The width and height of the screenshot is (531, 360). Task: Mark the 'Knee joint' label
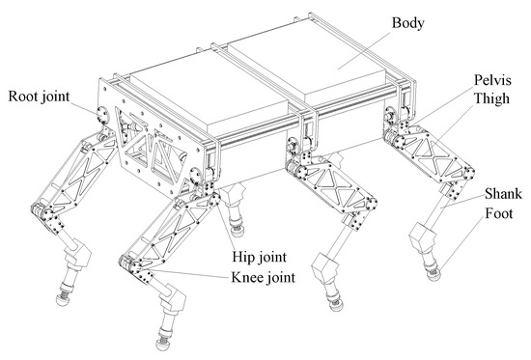(263, 279)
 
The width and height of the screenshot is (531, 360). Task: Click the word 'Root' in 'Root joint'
(25, 97)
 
